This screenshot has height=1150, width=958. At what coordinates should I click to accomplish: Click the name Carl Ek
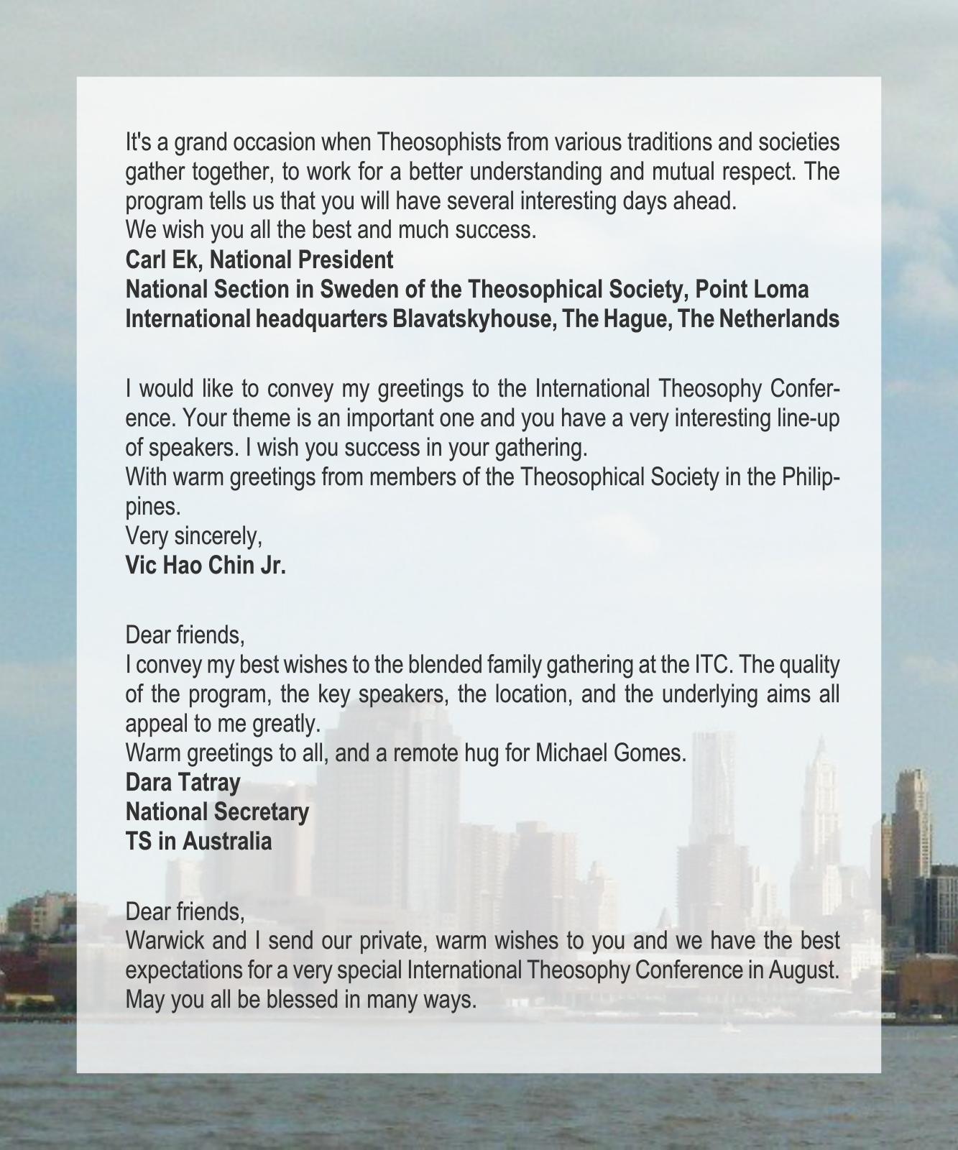click(164, 259)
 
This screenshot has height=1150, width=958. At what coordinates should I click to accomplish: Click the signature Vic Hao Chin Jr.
click(206, 566)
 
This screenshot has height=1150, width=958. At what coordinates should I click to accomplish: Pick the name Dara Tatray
click(183, 782)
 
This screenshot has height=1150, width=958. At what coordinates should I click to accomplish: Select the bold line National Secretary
click(217, 811)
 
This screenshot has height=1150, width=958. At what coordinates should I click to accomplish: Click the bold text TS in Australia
click(198, 841)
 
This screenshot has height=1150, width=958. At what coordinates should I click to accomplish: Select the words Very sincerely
click(193, 536)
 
